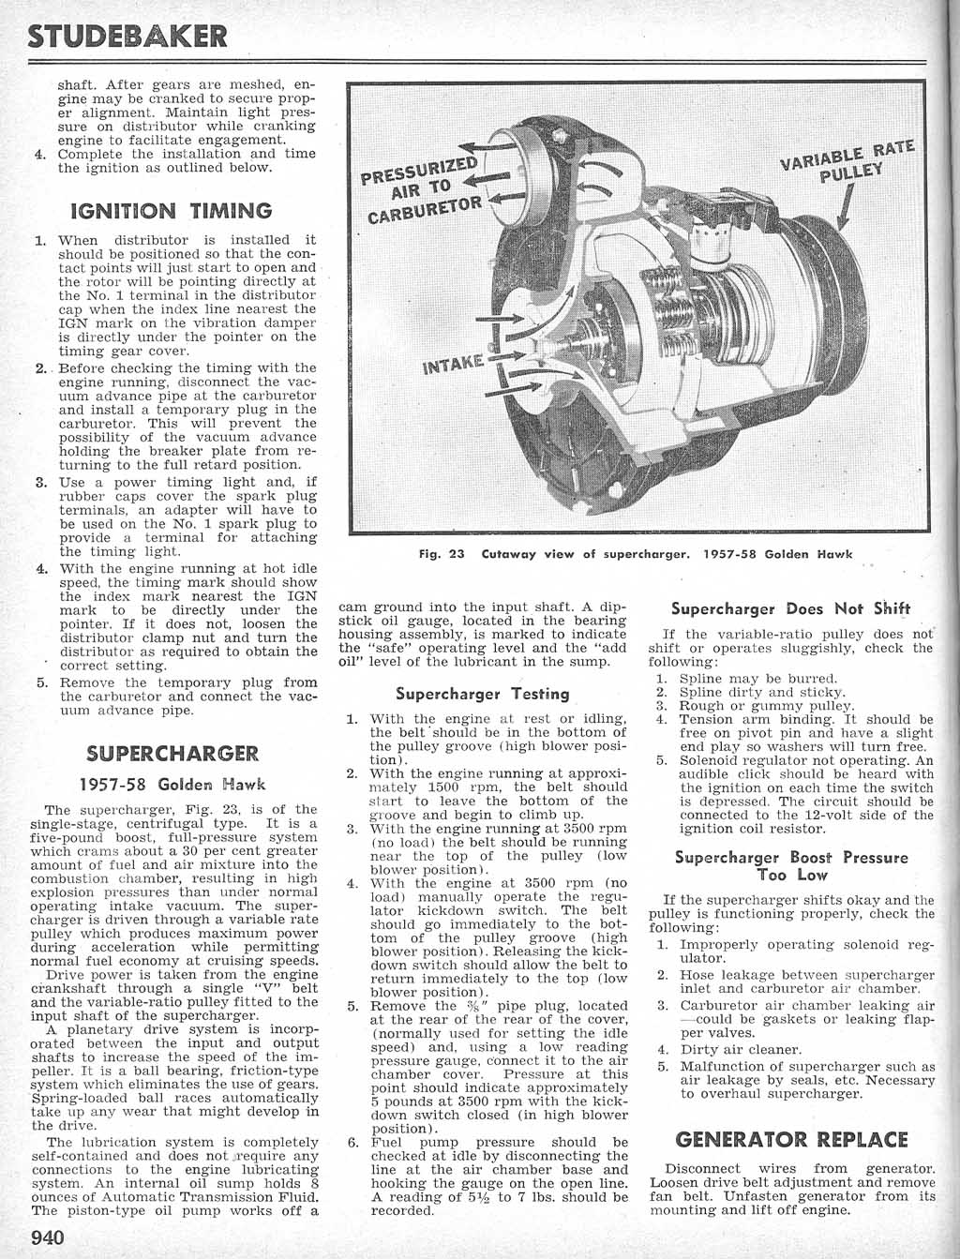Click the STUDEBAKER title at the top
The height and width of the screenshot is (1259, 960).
[128, 36]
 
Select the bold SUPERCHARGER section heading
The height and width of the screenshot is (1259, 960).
[172, 754]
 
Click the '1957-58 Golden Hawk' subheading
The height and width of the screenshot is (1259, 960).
[172, 784]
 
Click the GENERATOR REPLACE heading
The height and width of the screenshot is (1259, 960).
[791, 1140]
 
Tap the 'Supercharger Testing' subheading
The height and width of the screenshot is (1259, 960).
[482, 695]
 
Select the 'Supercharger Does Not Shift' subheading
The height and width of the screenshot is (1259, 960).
[791, 609]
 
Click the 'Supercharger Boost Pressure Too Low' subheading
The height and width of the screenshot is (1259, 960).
[791, 866]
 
